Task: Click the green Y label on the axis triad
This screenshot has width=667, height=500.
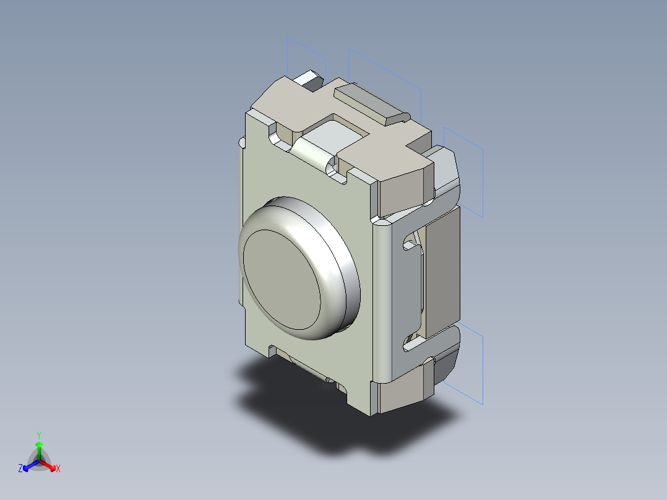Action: pyautogui.click(x=38, y=434)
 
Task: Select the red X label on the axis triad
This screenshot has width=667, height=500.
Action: pyautogui.click(x=58, y=469)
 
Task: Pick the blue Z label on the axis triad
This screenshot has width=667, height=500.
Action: pyautogui.click(x=20, y=469)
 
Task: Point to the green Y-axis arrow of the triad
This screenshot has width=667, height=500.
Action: pyautogui.click(x=39, y=449)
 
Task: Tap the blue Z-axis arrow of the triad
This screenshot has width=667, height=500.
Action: pyautogui.click(x=28, y=465)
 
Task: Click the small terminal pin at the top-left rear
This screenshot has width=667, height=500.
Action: pyautogui.click(x=309, y=79)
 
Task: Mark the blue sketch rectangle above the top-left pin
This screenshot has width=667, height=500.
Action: pyautogui.click(x=306, y=56)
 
